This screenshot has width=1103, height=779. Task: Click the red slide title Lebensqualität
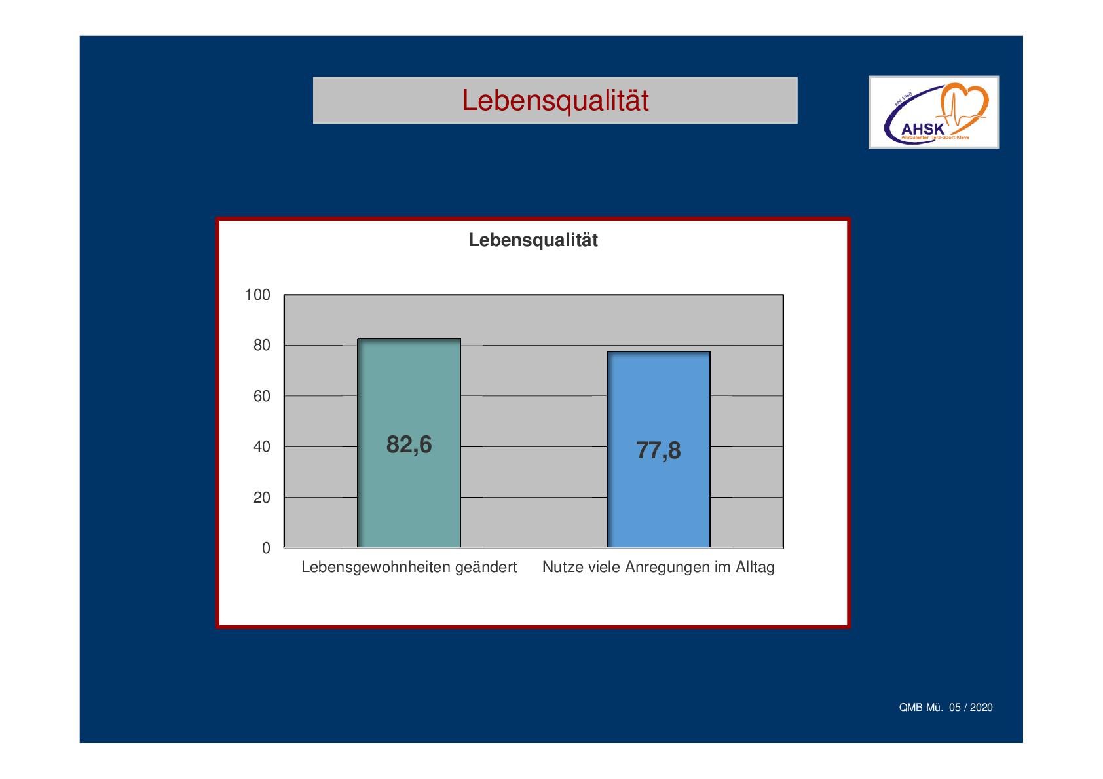click(555, 101)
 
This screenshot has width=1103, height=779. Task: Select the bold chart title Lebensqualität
click(533, 240)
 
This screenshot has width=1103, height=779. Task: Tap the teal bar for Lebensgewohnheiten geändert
click(409, 443)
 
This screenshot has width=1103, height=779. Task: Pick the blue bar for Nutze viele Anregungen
click(658, 449)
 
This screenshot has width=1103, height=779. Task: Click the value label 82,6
click(409, 445)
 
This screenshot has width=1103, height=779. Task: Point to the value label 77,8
click(658, 451)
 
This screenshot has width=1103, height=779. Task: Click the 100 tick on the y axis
click(257, 295)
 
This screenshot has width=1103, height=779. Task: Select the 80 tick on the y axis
click(262, 346)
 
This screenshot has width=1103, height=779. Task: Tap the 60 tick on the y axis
click(262, 396)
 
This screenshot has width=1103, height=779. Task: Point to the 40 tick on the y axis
click(262, 447)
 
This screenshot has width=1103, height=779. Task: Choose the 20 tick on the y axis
click(262, 498)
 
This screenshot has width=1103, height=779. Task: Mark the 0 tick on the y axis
click(267, 548)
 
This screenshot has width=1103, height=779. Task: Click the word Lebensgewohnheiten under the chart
click(376, 568)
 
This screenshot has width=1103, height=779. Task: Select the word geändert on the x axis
click(486, 568)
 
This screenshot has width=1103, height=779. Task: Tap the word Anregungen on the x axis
click(667, 568)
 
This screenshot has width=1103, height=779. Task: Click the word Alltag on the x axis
click(755, 568)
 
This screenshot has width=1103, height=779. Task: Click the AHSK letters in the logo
click(923, 130)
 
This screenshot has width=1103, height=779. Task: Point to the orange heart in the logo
click(964, 104)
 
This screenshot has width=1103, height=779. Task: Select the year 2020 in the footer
click(981, 708)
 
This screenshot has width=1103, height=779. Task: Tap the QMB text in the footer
click(910, 708)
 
